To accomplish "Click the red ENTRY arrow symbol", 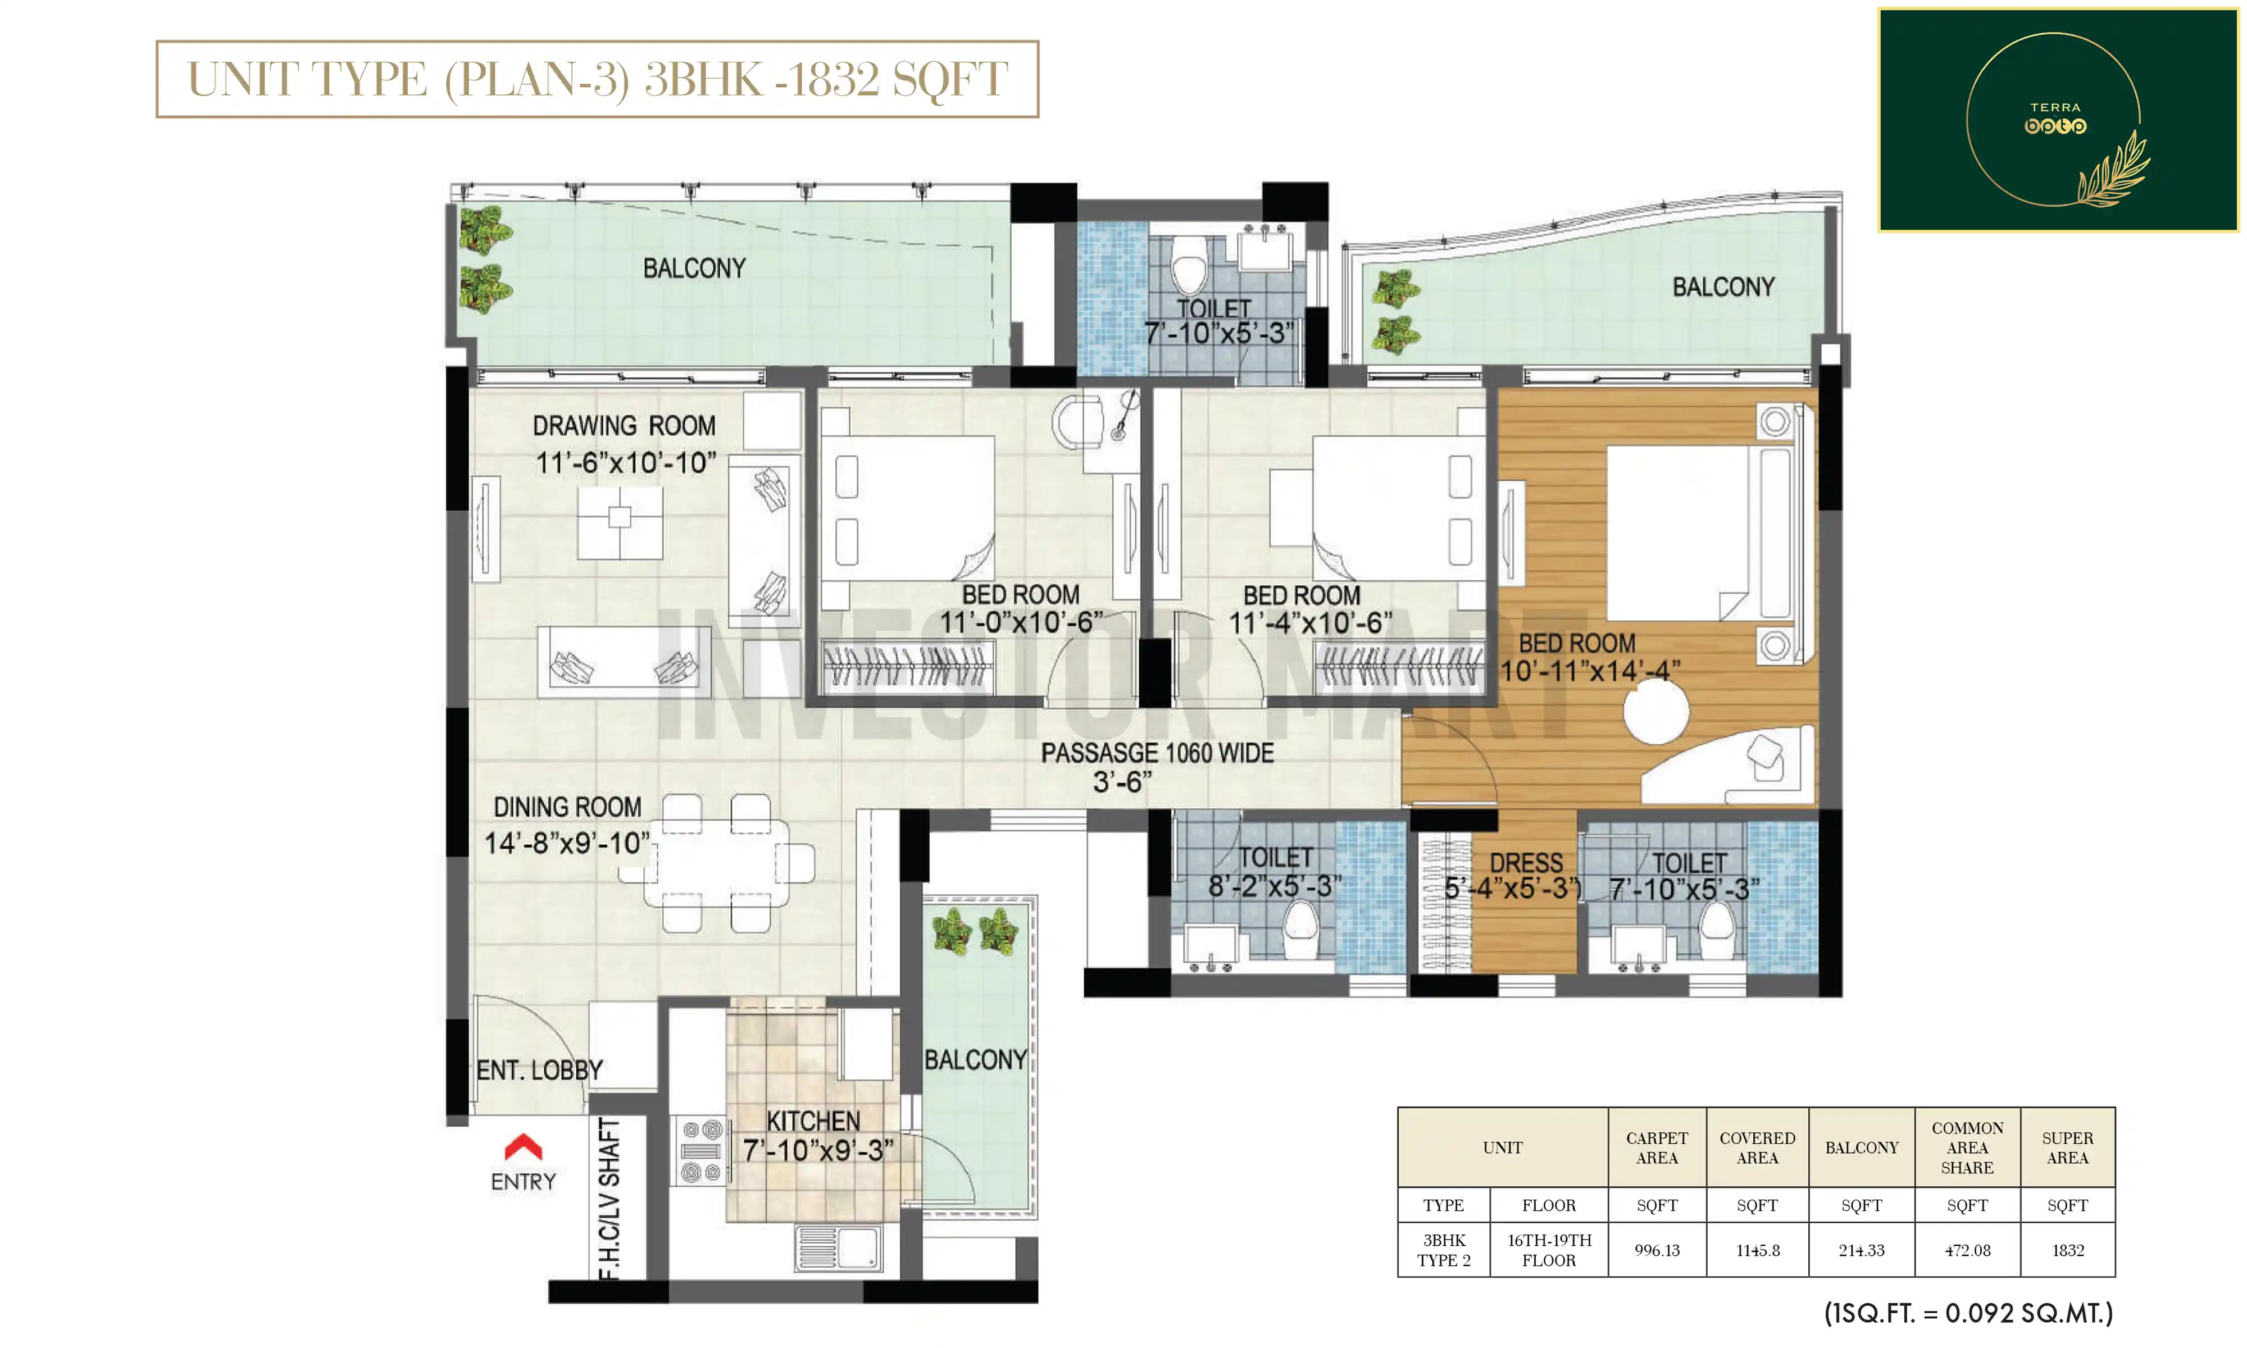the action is point(523,1147).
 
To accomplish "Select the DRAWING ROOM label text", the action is point(624,426).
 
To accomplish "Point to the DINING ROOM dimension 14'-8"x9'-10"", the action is point(567,843).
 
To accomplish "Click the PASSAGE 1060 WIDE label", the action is point(1157,753).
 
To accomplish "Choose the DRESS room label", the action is point(1527,863).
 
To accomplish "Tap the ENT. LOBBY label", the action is point(539,1070).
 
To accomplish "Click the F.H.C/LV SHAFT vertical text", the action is point(610,1198).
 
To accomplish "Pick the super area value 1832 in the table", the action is point(2068,1250).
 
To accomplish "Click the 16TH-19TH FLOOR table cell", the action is point(1549,1250).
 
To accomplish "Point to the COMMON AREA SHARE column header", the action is point(1967,1147).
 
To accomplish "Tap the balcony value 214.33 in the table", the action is point(1862,1250).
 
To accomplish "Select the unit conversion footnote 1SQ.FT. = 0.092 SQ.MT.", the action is point(1969,1313).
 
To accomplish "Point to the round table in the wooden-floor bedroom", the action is point(1655,712).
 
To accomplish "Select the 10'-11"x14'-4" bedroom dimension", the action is point(1589,671).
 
